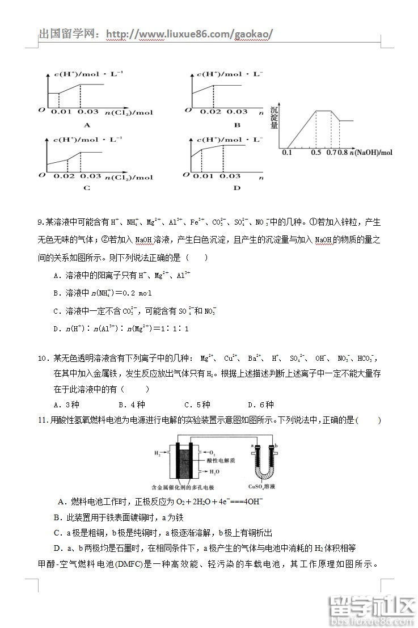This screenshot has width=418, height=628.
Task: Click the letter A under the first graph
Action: pos(87,125)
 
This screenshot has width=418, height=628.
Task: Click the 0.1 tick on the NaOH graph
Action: pos(286,153)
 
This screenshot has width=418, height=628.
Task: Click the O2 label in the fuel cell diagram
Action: pos(212,453)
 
